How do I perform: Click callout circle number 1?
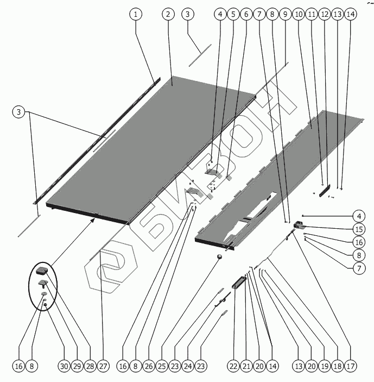[136, 14]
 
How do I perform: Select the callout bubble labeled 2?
[168, 14]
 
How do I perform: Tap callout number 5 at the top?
[233, 15]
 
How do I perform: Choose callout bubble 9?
[285, 15]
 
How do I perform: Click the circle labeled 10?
[298, 15]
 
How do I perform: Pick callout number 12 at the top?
[325, 15]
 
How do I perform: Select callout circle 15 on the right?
[359, 228]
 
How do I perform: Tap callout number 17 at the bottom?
[350, 367]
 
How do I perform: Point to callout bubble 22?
[233, 367]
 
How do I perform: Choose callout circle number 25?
[161, 367]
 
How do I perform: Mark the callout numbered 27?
[103, 367]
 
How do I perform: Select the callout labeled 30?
[64, 367]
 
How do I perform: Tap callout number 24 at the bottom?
[187, 367]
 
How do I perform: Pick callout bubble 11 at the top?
[312, 15]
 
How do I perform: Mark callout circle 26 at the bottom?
[148, 367]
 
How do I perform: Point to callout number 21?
[246, 367]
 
